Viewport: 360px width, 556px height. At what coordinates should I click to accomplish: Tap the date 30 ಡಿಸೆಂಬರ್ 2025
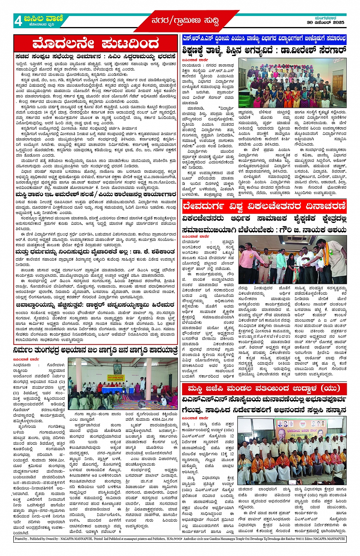pyautogui.click(x=326, y=22)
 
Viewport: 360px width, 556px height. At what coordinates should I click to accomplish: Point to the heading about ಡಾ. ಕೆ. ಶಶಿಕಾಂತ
pyautogui.click(x=95, y=252)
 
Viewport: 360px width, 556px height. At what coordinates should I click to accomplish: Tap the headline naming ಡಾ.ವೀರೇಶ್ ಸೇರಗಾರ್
pyautogui.click(x=264, y=50)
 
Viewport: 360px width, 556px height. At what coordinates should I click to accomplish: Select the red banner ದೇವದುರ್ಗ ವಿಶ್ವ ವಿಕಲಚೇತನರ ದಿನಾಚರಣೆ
pyautogui.click(x=264, y=207)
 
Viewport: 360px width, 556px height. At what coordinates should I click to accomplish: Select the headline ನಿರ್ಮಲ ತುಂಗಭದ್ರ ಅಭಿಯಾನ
pyautogui.click(x=96, y=350)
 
